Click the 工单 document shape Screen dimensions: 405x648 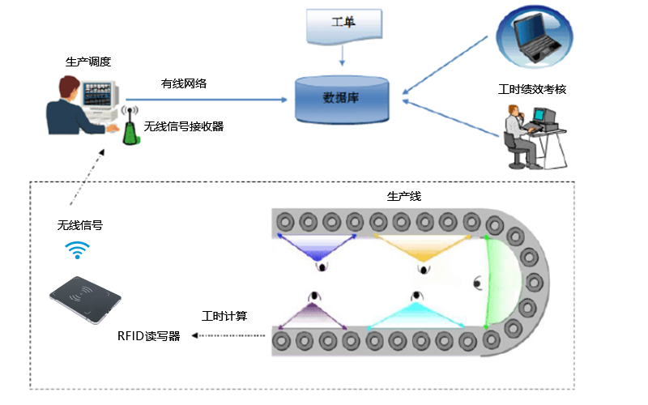343,24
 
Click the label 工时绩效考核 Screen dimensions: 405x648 532,89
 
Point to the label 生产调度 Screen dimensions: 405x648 87,62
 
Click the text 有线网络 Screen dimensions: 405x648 184,83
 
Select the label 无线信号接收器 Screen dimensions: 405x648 184,126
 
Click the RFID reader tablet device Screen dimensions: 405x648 87,301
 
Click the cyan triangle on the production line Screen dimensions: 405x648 420,315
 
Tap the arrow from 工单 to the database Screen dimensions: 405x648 343,55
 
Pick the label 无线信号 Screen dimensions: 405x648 80,225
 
